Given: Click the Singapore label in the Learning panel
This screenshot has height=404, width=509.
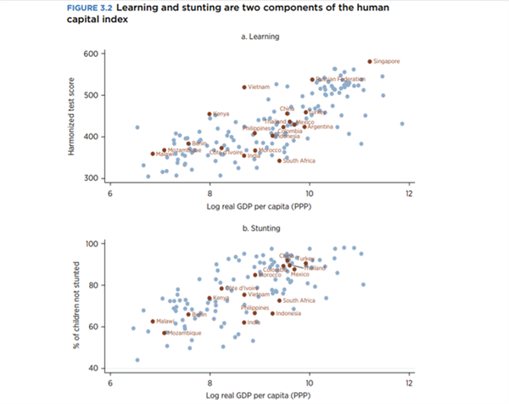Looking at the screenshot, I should [387, 61].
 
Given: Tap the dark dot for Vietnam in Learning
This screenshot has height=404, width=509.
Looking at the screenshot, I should [244, 87].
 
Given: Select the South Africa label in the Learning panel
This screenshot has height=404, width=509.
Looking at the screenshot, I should [299, 160].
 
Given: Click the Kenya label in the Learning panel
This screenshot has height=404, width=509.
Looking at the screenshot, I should [221, 114].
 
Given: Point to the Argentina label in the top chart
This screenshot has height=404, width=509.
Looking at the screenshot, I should [321, 126].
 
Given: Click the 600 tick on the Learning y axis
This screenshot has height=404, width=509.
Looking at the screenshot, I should [92, 53].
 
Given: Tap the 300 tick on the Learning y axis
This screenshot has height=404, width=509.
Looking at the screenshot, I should [92, 178].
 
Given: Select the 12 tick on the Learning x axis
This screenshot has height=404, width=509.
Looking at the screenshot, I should [410, 194].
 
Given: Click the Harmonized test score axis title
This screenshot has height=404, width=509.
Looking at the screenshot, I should [75, 115].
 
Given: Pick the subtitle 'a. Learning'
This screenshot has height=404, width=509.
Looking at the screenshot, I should [260, 36].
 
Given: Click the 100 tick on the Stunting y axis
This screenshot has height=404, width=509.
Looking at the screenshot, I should [92, 244].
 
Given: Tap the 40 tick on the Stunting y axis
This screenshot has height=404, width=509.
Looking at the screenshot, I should [94, 368].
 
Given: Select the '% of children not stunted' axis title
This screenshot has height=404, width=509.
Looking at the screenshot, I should [75, 306].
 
